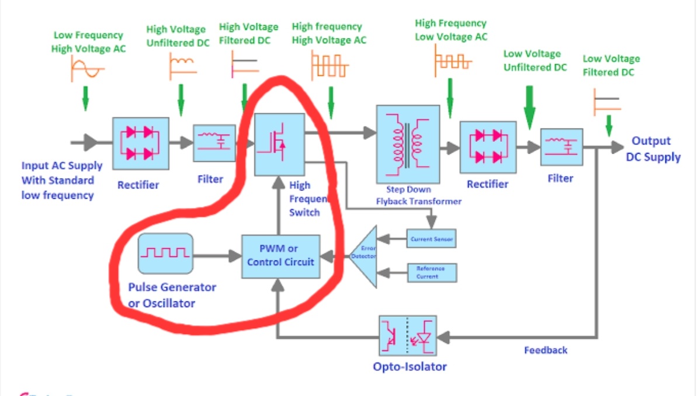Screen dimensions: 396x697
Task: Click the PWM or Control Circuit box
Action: click(x=281, y=256)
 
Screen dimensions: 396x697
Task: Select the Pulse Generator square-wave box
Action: click(x=166, y=253)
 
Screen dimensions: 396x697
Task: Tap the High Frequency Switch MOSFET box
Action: click(x=280, y=144)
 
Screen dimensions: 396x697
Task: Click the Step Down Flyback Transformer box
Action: click(x=408, y=144)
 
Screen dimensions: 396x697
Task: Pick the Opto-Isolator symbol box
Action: click(x=408, y=336)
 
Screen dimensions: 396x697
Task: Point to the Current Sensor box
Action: click(x=431, y=238)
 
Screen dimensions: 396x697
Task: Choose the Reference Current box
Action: click(x=431, y=272)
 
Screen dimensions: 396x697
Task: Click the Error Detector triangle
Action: click(x=363, y=255)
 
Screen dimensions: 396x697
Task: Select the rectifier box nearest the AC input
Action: click(x=140, y=144)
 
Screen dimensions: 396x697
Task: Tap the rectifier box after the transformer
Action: click(x=488, y=147)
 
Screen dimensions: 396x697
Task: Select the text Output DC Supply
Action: click(x=653, y=149)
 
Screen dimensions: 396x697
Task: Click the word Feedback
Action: click(x=546, y=350)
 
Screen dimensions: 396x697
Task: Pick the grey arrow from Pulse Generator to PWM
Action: click(x=217, y=256)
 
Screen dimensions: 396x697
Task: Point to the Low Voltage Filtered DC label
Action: click(x=611, y=65)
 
